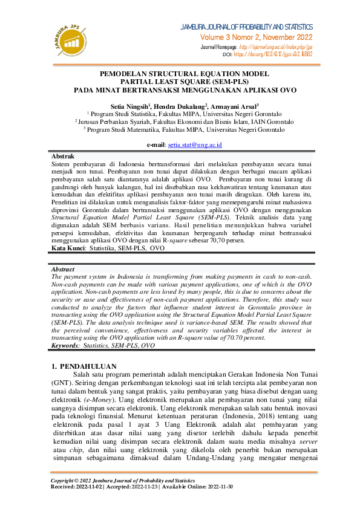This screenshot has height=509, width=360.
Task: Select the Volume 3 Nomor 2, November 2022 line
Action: click(261, 37)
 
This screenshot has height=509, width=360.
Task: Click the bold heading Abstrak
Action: click(63, 156)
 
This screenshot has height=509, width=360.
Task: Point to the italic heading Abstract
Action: click(64, 270)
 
